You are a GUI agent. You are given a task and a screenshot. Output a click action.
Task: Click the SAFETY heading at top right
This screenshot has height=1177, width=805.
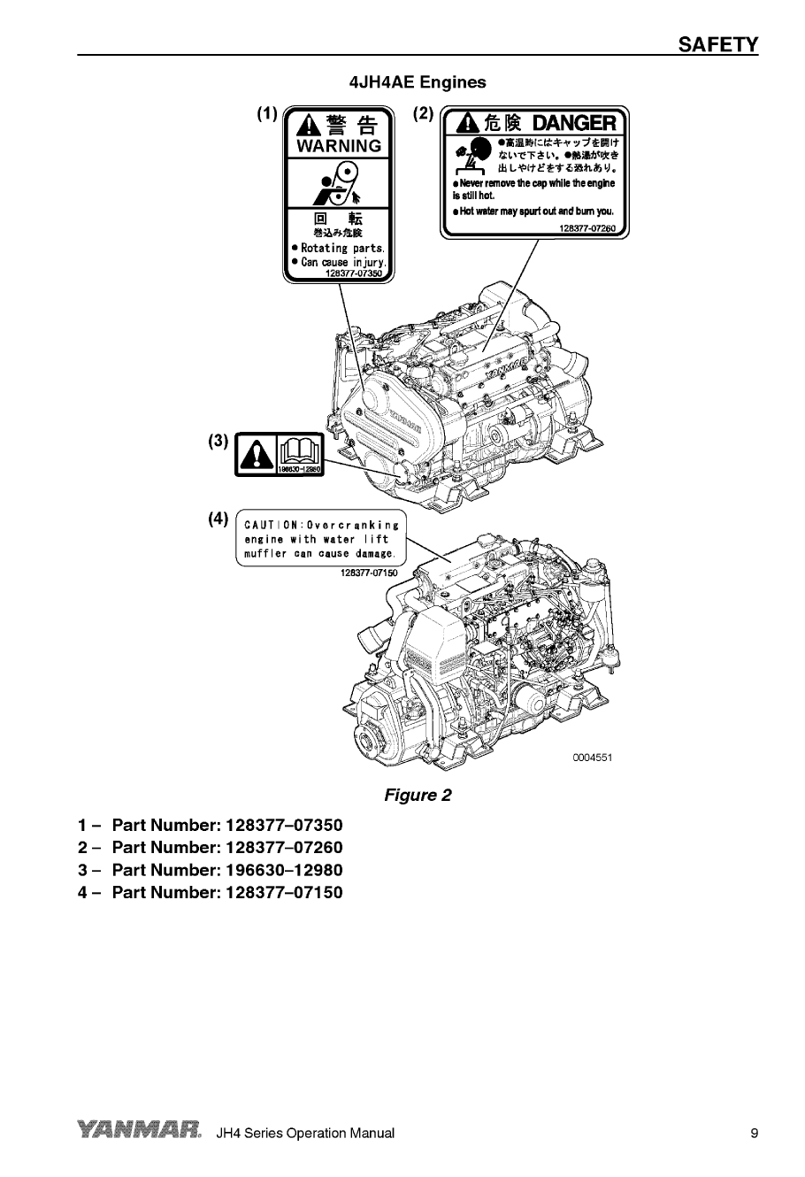click(x=717, y=44)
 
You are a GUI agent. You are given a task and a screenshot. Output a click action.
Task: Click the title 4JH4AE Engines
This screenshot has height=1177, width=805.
click(x=418, y=82)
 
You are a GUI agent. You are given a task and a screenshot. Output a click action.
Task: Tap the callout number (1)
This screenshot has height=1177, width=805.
click(x=267, y=113)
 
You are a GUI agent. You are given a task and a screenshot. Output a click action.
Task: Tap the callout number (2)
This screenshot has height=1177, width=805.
click(x=424, y=113)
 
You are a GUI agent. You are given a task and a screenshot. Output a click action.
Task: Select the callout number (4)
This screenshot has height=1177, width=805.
click(x=218, y=519)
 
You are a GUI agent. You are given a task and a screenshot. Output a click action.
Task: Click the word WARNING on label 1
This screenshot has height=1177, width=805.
click(x=340, y=146)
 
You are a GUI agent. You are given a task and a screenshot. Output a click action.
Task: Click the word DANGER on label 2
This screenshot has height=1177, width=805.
click(x=574, y=122)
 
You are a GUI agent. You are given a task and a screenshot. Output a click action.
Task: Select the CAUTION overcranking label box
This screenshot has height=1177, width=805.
click(x=321, y=538)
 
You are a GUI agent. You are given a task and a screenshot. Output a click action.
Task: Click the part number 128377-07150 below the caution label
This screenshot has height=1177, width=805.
click(x=369, y=573)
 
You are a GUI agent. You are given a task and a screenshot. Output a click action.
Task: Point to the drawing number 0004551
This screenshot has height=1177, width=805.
click(x=592, y=758)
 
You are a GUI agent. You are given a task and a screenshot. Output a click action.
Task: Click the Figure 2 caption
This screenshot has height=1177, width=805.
click(x=418, y=795)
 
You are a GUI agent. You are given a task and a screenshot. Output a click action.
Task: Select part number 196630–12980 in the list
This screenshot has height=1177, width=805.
click(x=284, y=870)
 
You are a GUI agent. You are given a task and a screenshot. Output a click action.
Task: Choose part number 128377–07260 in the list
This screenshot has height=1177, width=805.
click(x=284, y=848)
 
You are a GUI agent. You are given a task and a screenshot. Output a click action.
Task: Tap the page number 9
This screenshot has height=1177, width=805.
click(x=754, y=1133)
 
